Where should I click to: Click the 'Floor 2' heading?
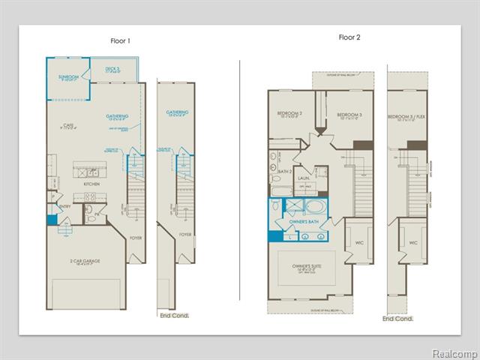click(x=349, y=36)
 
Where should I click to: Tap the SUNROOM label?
click(x=68, y=78)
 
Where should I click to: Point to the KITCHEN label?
click(x=92, y=183)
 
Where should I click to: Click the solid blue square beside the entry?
click(x=52, y=220)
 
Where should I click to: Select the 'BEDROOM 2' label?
click(x=289, y=115)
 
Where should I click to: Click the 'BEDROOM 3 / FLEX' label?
click(x=406, y=117)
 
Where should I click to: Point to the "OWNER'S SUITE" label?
click(x=306, y=265)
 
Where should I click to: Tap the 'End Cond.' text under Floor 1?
click(x=175, y=316)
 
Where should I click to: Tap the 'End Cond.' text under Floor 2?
click(x=398, y=319)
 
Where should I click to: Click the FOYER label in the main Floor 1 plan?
click(x=135, y=238)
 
